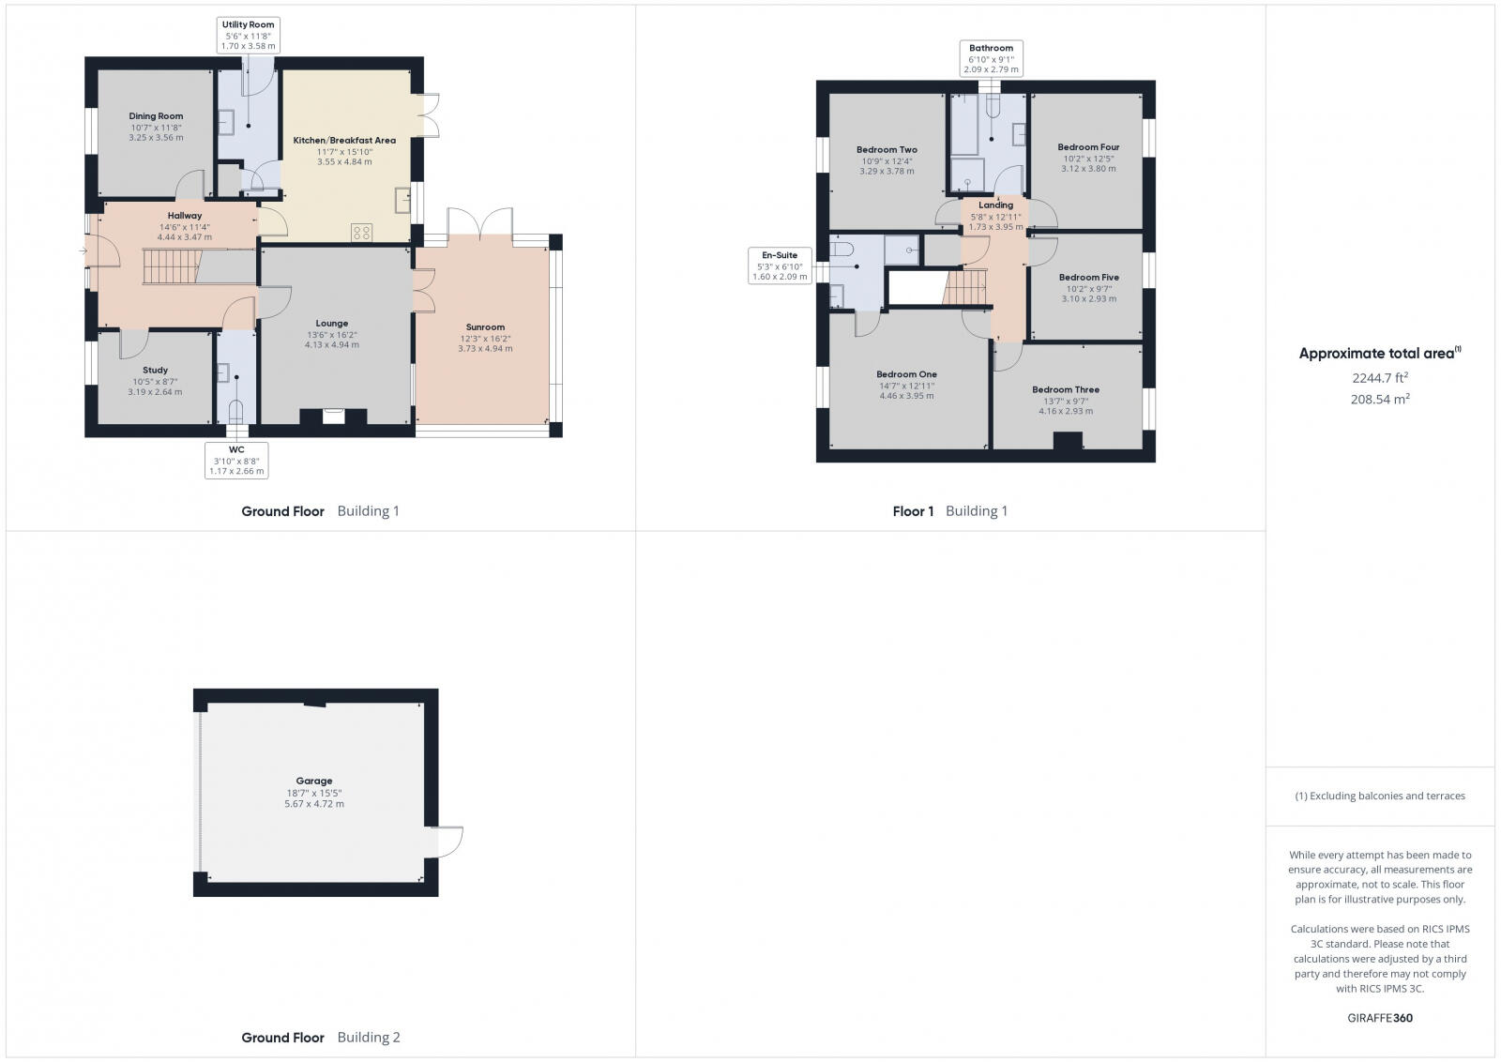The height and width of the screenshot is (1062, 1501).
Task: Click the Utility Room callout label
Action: [x=249, y=35]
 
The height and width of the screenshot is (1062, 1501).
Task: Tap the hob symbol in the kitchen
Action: [x=362, y=233]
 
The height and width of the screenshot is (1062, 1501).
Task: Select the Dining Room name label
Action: [x=156, y=116]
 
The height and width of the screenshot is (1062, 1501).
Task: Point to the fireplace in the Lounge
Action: [x=333, y=417]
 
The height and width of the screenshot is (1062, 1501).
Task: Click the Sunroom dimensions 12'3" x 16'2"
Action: [x=485, y=338]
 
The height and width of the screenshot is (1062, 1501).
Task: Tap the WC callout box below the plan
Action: [x=236, y=461]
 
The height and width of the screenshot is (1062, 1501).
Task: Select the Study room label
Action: [x=155, y=371]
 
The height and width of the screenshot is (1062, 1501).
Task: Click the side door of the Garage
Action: [x=448, y=842]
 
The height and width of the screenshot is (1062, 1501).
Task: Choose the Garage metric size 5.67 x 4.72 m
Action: [x=314, y=804]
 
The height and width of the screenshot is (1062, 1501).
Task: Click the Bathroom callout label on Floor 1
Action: [x=991, y=58]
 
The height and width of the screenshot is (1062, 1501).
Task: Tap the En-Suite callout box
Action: [x=780, y=265]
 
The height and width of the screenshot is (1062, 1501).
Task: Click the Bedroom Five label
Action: [x=1088, y=277]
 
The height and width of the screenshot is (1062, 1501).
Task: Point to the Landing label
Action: [x=995, y=205]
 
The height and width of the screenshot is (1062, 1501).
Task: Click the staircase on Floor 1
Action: [x=965, y=286]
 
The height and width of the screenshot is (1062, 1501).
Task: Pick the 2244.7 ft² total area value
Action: [x=1379, y=378]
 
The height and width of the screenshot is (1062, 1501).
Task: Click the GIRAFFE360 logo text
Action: [x=1379, y=1018]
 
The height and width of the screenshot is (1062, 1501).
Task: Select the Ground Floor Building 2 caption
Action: [x=321, y=1037]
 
